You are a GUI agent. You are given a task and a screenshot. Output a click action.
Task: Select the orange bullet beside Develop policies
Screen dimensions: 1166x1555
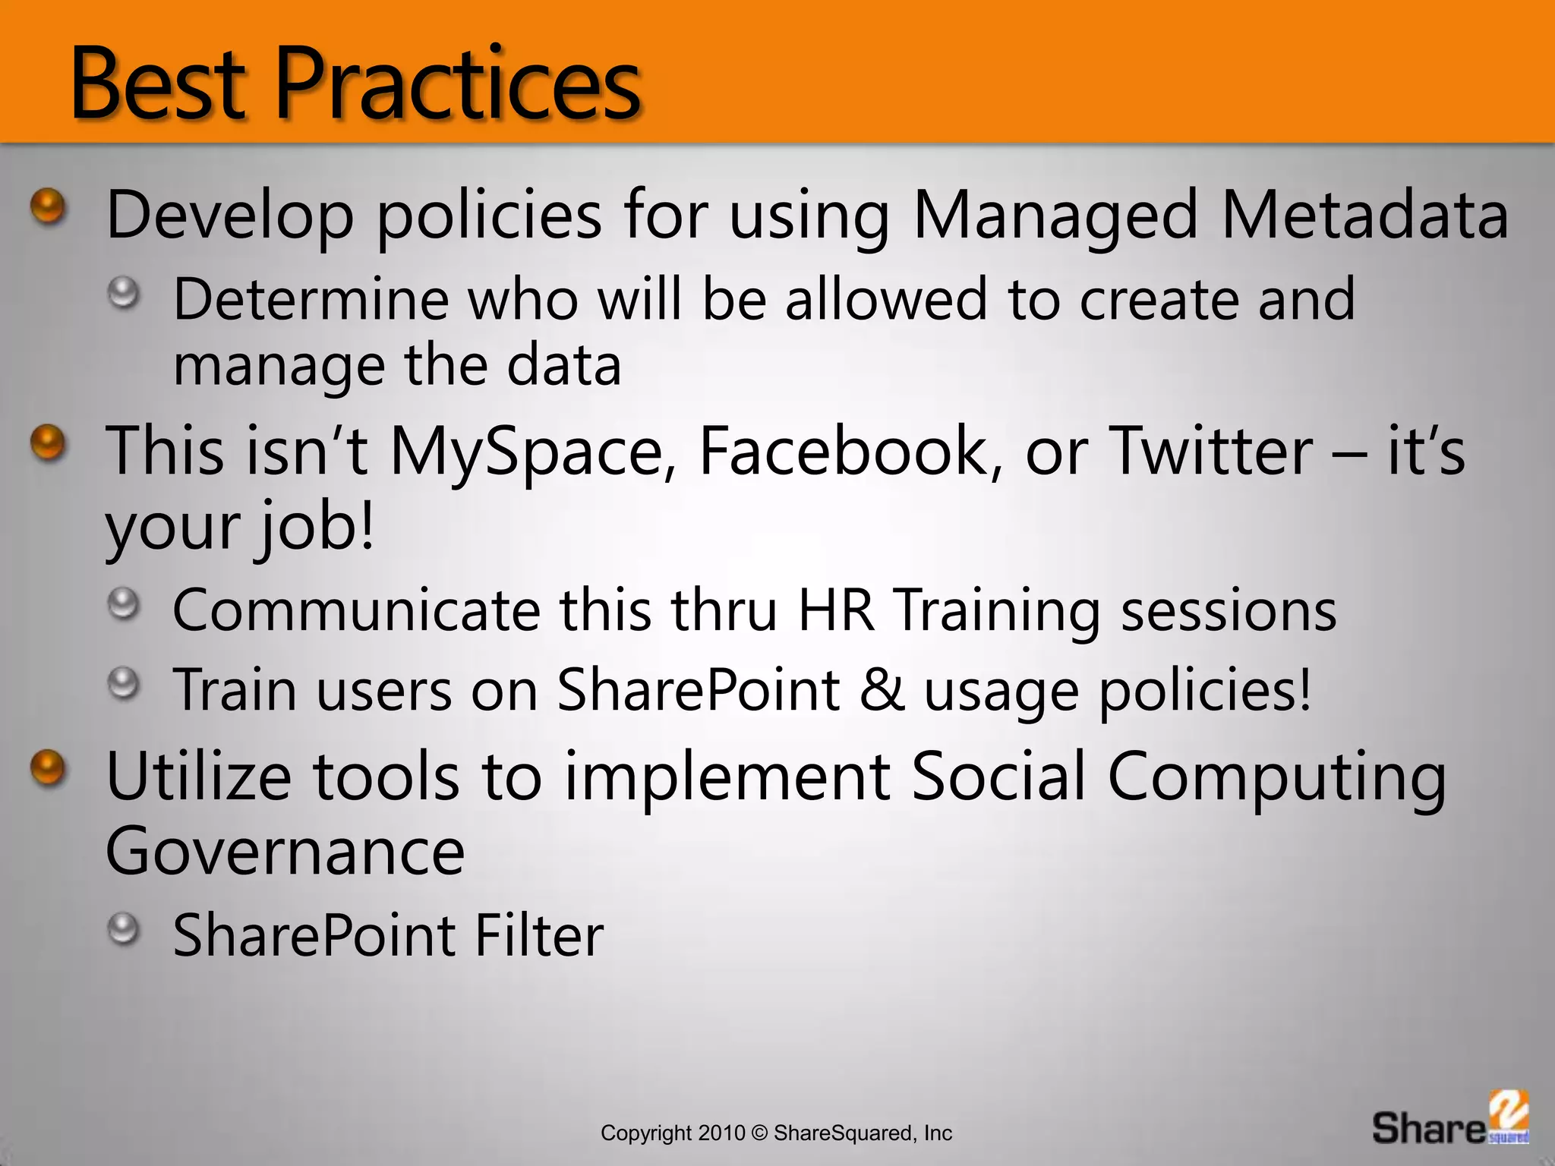(x=49, y=206)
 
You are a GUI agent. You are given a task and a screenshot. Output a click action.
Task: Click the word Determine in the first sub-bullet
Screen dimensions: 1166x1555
(x=311, y=300)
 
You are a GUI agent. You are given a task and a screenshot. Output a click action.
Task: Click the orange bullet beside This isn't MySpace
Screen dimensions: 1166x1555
(x=49, y=443)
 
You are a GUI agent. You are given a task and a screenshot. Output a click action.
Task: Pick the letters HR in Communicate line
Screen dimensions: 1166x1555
(x=836, y=611)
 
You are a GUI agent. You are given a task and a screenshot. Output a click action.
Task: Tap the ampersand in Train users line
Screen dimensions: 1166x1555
(x=882, y=690)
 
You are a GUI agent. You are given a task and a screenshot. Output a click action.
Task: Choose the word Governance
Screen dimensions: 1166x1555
(x=285, y=852)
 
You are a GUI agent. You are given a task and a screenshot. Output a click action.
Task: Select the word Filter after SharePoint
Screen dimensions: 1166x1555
(x=538, y=936)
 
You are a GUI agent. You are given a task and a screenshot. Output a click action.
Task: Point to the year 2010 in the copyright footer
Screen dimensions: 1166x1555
(x=722, y=1133)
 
